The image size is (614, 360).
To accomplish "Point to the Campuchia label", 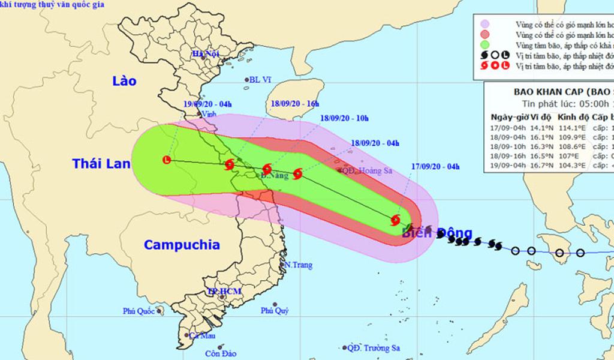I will [x=182, y=245].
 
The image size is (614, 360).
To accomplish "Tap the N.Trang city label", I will [x=298, y=265].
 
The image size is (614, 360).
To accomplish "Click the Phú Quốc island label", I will [x=139, y=311].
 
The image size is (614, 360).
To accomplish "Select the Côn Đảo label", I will [x=218, y=353].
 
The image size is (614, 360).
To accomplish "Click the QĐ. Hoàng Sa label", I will [x=369, y=171].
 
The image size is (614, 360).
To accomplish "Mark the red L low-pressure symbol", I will [x=167, y=160].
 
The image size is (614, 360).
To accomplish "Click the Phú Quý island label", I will [x=275, y=311].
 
